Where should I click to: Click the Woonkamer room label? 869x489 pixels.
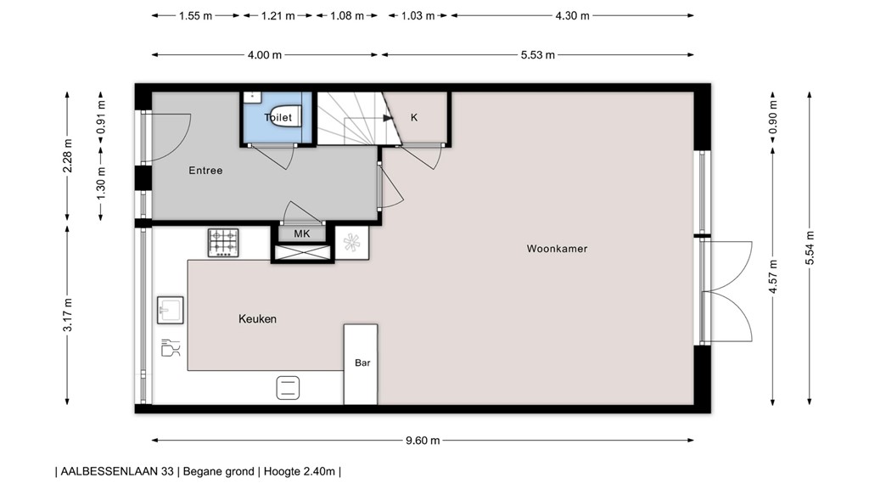point(557,249)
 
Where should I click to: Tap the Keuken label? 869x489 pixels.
point(257,319)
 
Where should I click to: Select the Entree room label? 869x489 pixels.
point(205,171)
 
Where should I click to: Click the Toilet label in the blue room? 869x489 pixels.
point(278,117)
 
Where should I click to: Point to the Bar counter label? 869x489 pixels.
point(362,363)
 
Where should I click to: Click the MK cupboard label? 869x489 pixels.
point(301,233)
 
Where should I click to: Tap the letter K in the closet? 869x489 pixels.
point(414,118)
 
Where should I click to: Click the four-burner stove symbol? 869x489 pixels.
point(224,242)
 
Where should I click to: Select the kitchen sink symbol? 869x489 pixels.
point(170,310)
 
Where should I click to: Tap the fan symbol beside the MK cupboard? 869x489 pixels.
point(351,244)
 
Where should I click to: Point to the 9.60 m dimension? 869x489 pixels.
point(423,441)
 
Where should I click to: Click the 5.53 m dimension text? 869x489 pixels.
point(537,55)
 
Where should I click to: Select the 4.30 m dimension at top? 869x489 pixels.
point(572,15)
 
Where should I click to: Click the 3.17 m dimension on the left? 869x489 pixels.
point(68,317)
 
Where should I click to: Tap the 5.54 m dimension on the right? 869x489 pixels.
point(810,248)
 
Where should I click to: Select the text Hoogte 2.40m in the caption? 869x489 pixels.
point(300,471)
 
